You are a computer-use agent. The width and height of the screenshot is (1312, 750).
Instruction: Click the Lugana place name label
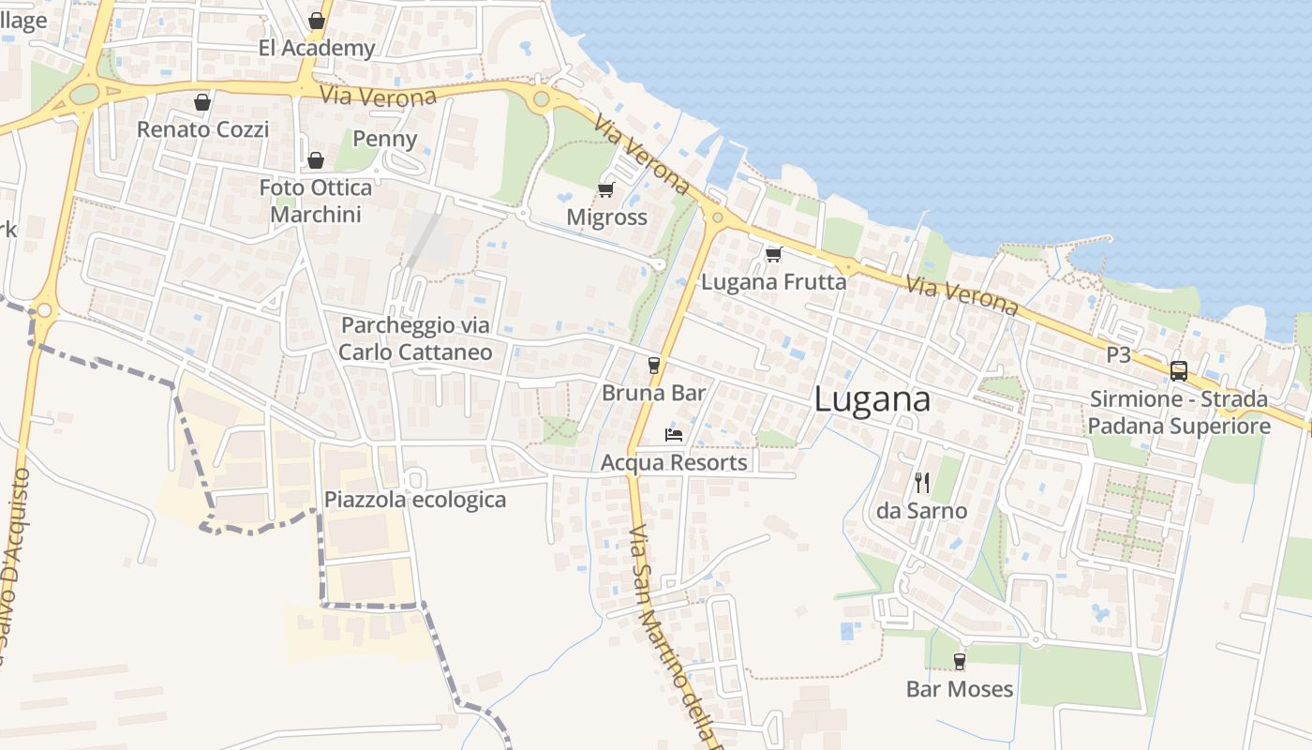tap(872, 399)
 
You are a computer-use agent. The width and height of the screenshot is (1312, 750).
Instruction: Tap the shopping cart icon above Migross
tap(605, 190)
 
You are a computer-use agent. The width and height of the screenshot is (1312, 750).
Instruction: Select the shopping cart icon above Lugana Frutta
tap(773, 254)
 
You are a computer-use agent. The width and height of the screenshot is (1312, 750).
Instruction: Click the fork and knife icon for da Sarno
tap(922, 483)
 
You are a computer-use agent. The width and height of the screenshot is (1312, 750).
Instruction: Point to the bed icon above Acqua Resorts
tap(673, 434)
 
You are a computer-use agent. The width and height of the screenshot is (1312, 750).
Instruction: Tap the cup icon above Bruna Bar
tap(654, 365)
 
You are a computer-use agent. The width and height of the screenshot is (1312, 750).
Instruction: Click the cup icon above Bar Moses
tap(959, 661)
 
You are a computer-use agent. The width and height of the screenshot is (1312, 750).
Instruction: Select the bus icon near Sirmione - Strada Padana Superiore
tap(1178, 370)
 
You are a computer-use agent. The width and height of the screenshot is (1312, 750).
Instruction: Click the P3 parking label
tap(1119, 355)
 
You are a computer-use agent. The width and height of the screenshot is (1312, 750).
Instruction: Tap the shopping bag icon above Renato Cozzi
tap(201, 102)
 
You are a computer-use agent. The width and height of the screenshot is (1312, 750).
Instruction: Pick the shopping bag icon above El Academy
tap(317, 21)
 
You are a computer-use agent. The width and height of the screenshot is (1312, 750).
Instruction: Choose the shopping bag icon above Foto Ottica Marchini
tap(316, 160)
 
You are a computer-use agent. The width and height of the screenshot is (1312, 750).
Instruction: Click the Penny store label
tap(384, 140)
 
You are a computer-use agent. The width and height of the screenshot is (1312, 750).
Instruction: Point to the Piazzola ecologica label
tap(415, 500)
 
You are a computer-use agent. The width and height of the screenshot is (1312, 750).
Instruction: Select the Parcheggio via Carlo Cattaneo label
tap(415, 338)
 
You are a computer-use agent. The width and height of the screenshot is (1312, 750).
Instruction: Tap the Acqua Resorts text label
tap(674, 462)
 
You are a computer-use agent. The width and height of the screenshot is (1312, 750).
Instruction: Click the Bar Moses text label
tap(960, 689)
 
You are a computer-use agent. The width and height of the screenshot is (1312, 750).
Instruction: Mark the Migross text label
tap(607, 217)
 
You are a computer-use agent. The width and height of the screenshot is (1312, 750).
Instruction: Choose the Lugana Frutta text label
tap(773, 281)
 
